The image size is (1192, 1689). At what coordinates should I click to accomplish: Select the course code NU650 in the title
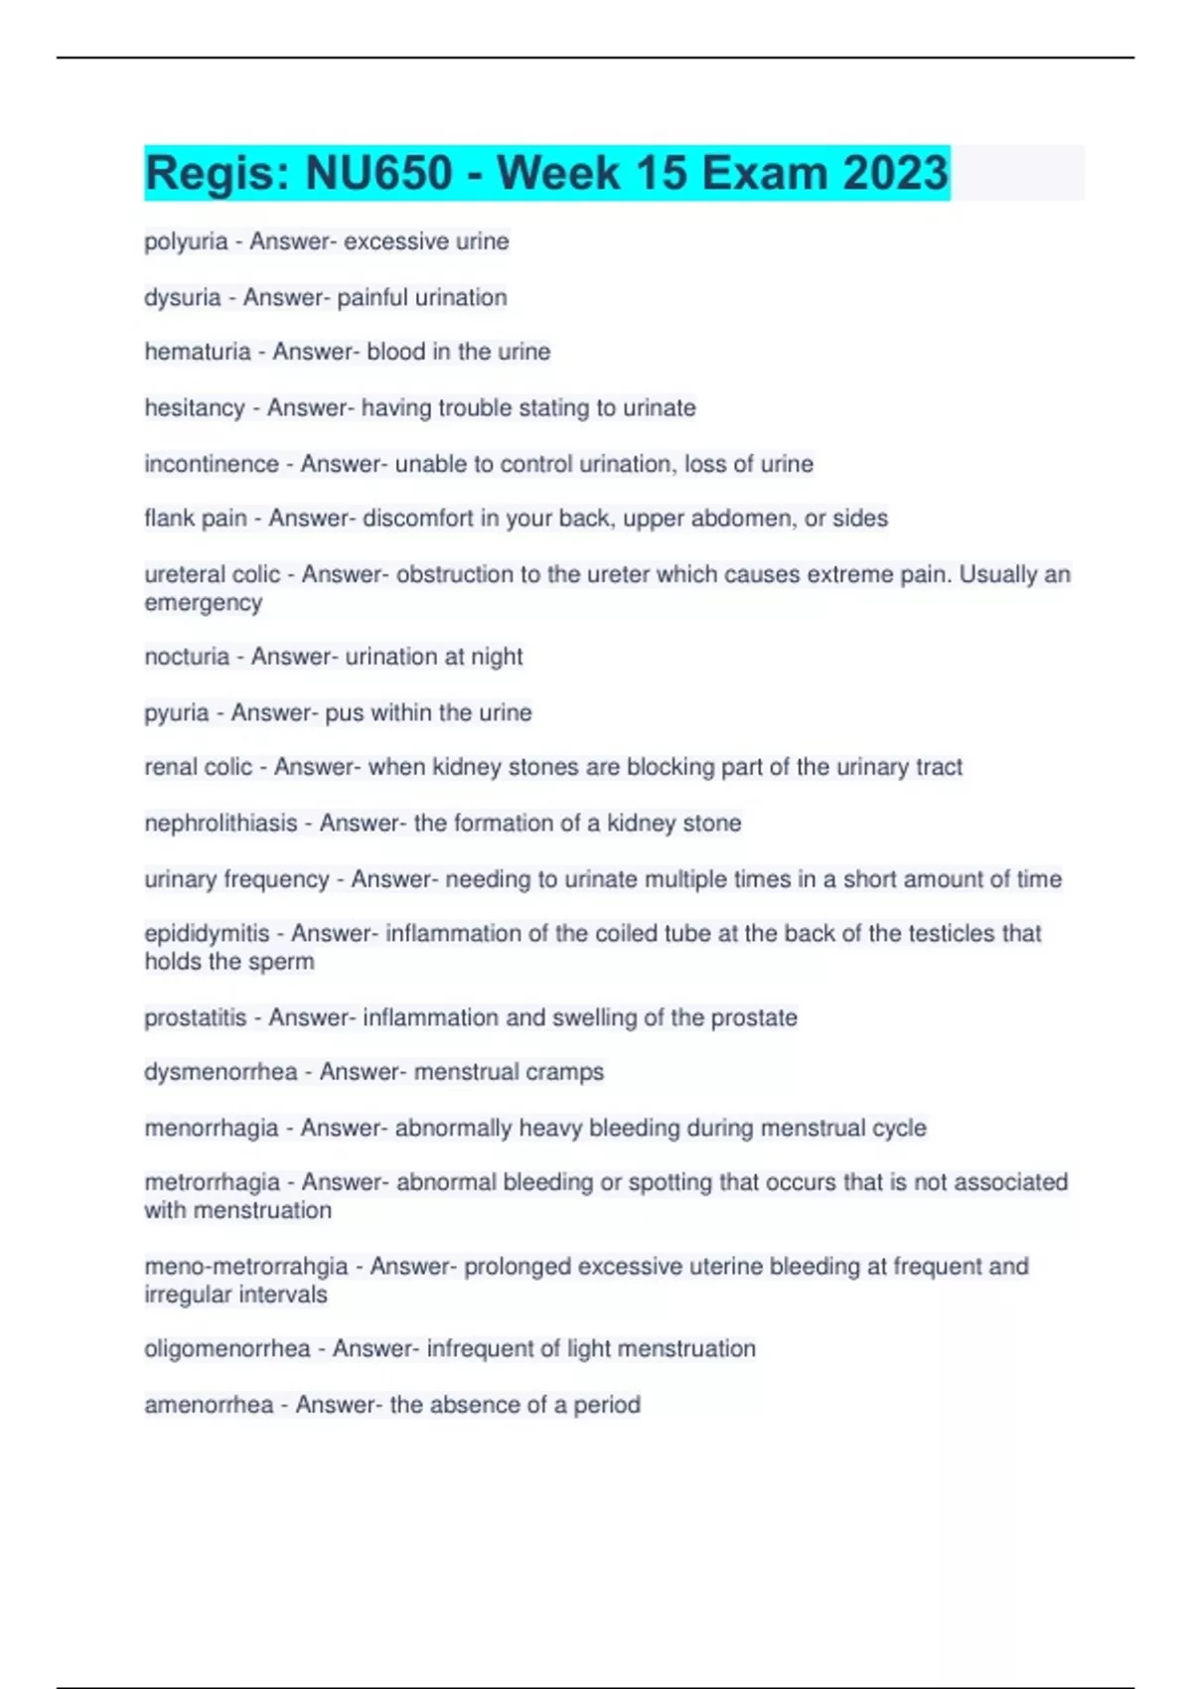pyautogui.click(x=378, y=173)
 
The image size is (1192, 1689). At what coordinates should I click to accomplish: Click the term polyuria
pyautogui.click(x=186, y=241)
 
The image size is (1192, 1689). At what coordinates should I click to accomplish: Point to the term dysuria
pyautogui.click(x=183, y=297)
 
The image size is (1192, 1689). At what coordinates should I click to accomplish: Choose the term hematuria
pyautogui.click(x=198, y=352)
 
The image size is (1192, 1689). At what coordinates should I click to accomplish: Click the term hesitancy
pyautogui.click(x=195, y=408)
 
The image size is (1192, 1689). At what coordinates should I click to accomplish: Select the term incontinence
pyautogui.click(x=212, y=464)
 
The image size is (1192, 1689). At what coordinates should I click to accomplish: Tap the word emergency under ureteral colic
pyautogui.click(x=204, y=603)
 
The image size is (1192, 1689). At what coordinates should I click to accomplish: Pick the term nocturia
pyautogui.click(x=187, y=657)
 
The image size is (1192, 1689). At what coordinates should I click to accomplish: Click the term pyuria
pyautogui.click(x=177, y=713)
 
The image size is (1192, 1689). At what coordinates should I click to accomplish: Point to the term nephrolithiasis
pyautogui.click(x=221, y=824)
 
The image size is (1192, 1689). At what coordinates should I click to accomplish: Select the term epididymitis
pyautogui.click(x=207, y=934)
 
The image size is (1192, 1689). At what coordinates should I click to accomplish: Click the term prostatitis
pyautogui.click(x=196, y=1018)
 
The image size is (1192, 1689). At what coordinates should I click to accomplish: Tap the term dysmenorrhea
pyautogui.click(x=221, y=1072)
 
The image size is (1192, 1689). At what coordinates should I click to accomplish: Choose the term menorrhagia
pyautogui.click(x=212, y=1129)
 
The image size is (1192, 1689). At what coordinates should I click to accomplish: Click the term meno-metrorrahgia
pyautogui.click(x=246, y=1267)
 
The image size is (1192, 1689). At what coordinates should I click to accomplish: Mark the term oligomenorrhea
pyautogui.click(x=227, y=1349)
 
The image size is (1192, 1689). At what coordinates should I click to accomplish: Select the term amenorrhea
pyautogui.click(x=209, y=1405)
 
